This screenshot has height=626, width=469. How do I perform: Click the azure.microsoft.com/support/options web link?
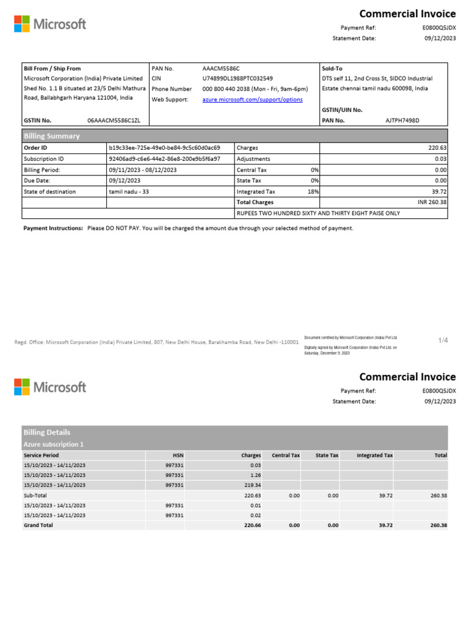click(x=252, y=100)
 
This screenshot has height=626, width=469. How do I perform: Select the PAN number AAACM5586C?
click(x=221, y=68)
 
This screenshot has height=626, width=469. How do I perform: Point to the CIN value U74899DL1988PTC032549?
click(x=238, y=79)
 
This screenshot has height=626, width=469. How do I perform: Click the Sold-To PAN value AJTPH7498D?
click(x=402, y=120)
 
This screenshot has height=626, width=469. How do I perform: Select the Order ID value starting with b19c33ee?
click(x=164, y=148)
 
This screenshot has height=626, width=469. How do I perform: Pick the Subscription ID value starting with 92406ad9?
click(x=164, y=159)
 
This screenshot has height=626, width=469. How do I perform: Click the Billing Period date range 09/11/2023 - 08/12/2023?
click(x=143, y=170)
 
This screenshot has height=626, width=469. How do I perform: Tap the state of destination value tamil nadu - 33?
click(x=129, y=192)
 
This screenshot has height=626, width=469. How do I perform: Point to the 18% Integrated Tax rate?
click(x=313, y=192)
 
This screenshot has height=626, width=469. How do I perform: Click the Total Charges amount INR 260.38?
click(x=432, y=202)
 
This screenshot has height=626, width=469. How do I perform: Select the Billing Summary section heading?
click(x=51, y=136)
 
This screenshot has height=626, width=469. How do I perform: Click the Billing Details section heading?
click(x=46, y=432)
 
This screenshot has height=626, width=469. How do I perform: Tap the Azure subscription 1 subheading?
click(x=53, y=444)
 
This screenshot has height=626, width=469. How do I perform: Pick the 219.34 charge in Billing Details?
click(x=252, y=485)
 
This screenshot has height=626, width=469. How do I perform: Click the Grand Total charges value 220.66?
click(x=252, y=525)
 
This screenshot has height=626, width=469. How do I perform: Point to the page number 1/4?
click(x=443, y=341)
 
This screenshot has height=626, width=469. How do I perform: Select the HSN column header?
click(x=178, y=455)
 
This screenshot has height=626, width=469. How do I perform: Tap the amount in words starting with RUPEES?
click(x=318, y=213)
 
